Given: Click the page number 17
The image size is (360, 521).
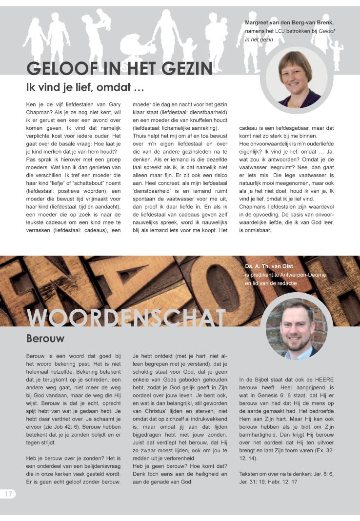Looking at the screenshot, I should pos(8,494).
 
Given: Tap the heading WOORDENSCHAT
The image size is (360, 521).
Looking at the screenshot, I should pos(126,318).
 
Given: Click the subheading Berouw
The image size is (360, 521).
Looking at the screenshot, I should pos(45,338).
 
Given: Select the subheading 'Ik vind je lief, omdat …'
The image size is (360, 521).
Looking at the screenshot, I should pos(85,88).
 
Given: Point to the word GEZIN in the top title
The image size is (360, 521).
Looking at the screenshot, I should pos(183,68).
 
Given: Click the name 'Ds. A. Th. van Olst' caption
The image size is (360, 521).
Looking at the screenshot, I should pos(269,266).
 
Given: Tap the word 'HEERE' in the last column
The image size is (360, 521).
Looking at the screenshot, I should pos(324,379).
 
